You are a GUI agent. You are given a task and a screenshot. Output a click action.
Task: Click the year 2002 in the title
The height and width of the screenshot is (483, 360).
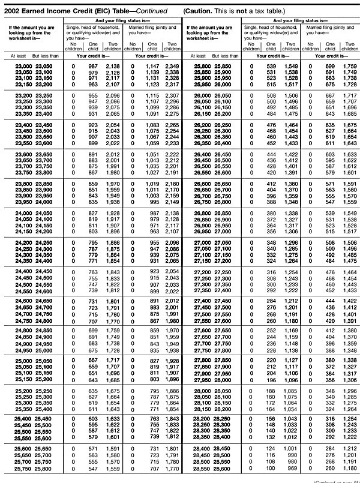click(13, 11)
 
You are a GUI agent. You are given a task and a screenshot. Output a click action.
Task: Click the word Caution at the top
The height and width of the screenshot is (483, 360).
click(202, 11)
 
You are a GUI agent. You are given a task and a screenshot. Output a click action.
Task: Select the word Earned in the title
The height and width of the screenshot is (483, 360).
click(37, 11)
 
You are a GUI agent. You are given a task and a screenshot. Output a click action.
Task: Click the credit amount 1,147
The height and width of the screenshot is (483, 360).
click(137, 65)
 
